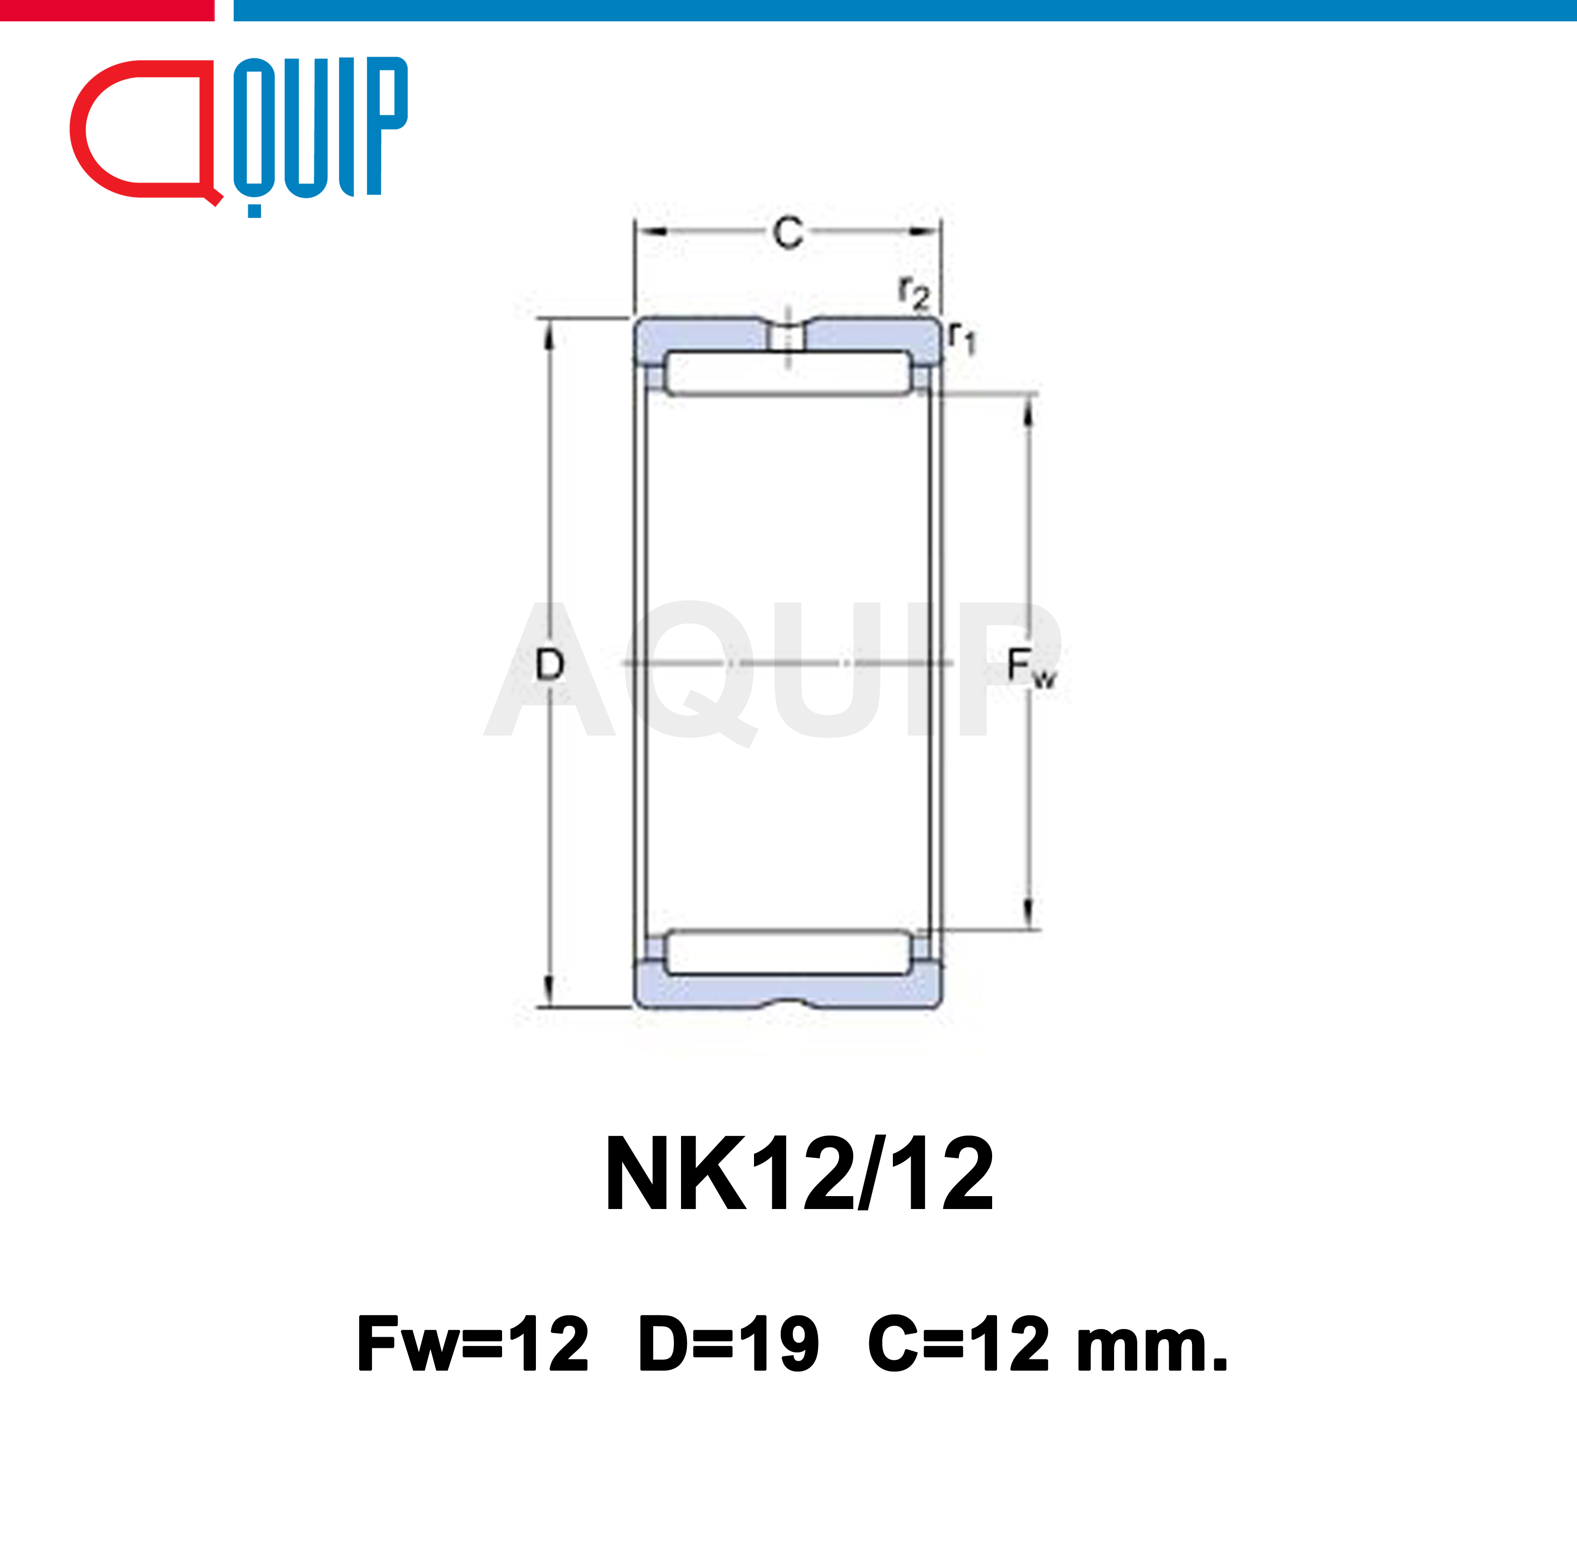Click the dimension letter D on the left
[x=549, y=665]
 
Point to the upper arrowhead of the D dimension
[x=549, y=335]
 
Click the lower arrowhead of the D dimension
[x=549, y=991]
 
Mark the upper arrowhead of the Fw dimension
[x=1029, y=412]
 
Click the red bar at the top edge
[x=106, y=10]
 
